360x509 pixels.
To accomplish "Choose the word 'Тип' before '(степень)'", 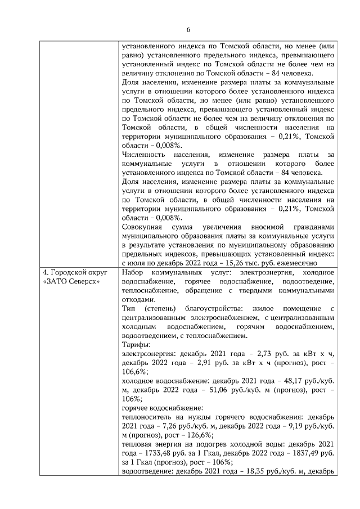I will [128, 309].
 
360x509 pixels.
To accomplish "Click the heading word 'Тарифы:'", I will [134, 345].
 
